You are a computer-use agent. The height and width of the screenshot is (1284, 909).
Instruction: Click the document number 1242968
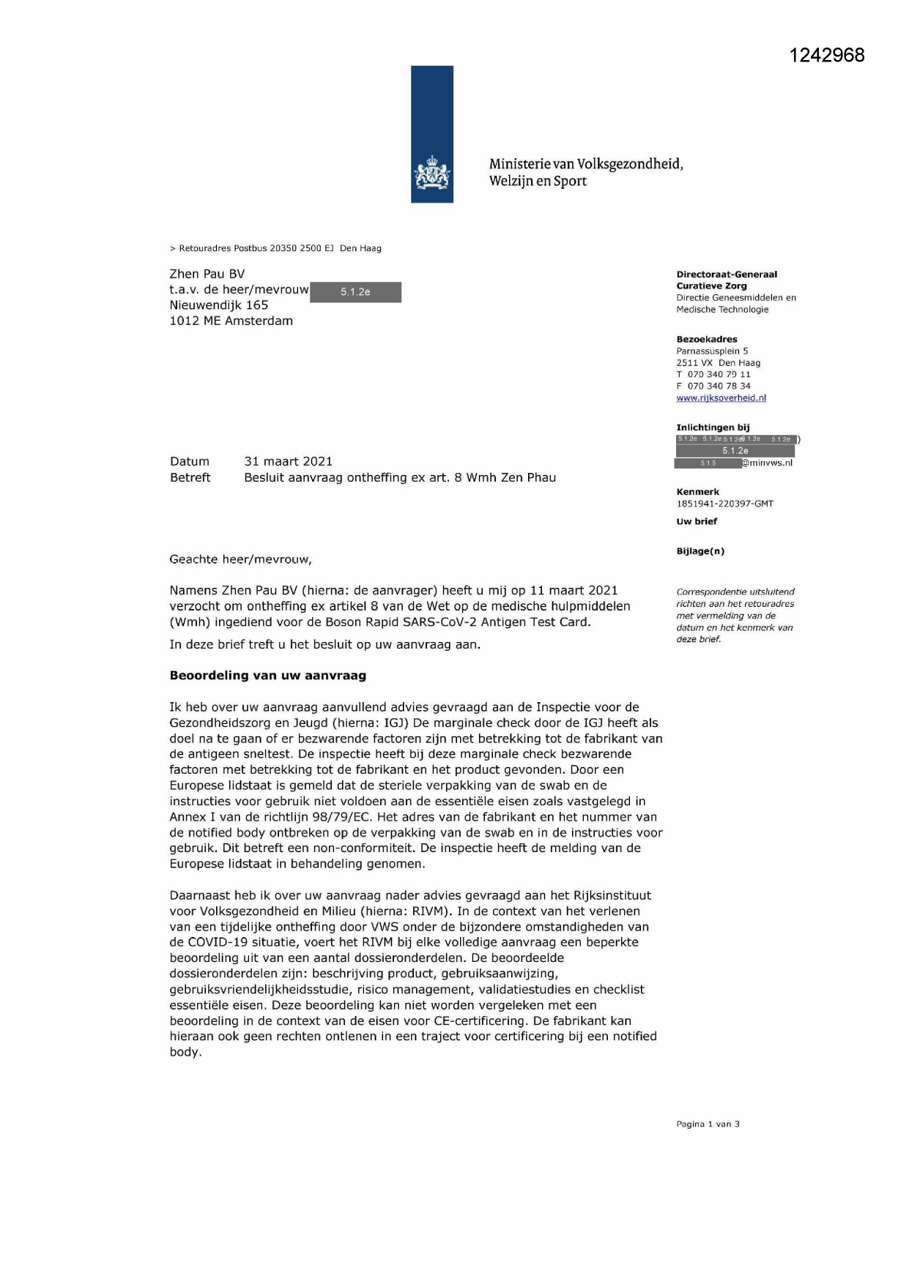point(827,55)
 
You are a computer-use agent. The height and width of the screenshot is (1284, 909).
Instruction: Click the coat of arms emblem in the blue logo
point(432,174)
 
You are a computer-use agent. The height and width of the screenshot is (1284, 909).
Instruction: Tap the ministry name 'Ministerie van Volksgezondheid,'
point(586,164)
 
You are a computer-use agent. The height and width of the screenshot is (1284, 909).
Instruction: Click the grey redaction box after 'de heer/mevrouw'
point(355,292)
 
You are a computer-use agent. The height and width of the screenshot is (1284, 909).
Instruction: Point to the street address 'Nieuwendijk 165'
point(219,305)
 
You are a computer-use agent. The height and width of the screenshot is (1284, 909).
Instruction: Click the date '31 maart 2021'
point(288,461)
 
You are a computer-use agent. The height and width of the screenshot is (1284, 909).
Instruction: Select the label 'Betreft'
point(190,477)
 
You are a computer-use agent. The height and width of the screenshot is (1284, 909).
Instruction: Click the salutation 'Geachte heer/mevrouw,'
point(240,559)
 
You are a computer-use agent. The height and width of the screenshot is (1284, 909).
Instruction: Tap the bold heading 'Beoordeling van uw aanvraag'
point(267,676)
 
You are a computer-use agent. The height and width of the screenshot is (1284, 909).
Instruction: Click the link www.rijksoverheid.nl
point(721,398)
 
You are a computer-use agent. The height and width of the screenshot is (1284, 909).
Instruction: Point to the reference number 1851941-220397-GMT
point(724,504)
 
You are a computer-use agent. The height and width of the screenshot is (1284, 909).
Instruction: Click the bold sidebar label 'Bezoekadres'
point(707,340)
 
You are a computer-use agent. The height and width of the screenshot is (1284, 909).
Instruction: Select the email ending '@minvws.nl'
point(767,463)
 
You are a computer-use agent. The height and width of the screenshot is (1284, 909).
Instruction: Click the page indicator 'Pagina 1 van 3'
point(708,1124)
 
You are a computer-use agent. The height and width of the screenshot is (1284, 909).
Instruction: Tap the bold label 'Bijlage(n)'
point(700,551)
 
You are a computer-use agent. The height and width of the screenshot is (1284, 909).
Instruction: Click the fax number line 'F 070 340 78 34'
point(713,386)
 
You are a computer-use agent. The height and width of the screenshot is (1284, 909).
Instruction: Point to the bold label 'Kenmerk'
point(697,492)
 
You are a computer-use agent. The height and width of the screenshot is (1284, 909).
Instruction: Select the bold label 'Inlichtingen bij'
point(713,428)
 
